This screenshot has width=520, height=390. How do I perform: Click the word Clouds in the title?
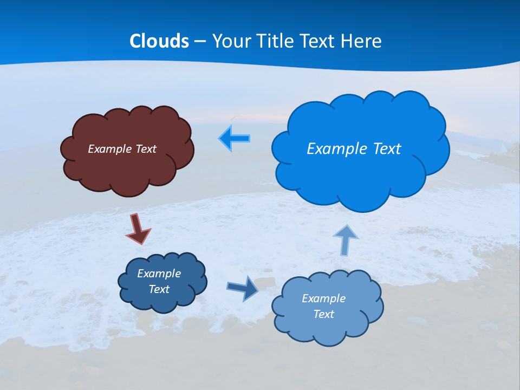pyautogui.click(x=159, y=41)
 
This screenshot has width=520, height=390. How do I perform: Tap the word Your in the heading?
pyautogui.click(x=229, y=41)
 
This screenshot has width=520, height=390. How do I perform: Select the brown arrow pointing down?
pyautogui.click(x=138, y=229)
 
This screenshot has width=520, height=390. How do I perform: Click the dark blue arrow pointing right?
pyautogui.click(x=243, y=288)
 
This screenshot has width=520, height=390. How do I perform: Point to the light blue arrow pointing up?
pyautogui.click(x=346, y=240)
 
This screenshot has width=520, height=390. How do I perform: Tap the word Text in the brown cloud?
pyautogui.click(x=146, y=148)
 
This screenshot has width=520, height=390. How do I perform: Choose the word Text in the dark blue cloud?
pyautogui.click(x=159, y=289)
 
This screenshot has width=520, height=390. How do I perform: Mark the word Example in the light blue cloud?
pyautogui.click(x=323, y=298)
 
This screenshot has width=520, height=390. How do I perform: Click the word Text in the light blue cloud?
pyautogui.click(x=323, y=314)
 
